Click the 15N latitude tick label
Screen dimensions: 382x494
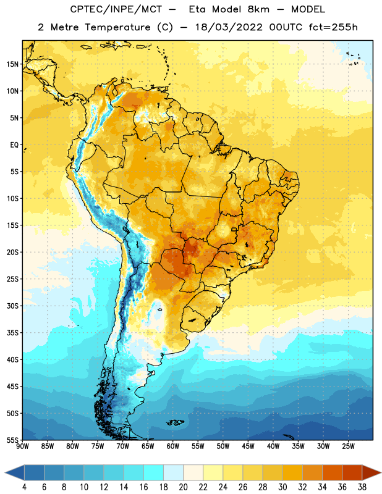click(x=12, y=64)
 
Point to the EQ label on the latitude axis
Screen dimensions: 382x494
click(x=14, y=145)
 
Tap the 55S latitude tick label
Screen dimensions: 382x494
click(x=12, y=440)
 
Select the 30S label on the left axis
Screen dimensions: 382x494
click(x=12, y=306)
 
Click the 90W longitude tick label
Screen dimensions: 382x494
click(x=22, y=446)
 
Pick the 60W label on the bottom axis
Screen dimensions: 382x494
click(x=173, y=446)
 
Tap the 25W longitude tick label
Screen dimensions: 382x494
click(x=348, y=446)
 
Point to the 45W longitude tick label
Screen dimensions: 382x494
click(x=248, y=446)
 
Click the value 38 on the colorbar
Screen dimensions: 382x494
click(x=362, y=487)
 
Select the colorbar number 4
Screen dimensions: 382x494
click(x=24, y=487)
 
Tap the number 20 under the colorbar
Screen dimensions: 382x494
click(x=183, y=487)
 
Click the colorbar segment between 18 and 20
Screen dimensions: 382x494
click(x=174, y=472)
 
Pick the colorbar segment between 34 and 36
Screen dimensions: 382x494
click(x=332, y=472)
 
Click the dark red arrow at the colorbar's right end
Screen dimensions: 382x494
click(x=371, y=472)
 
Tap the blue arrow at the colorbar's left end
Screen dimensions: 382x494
click(x=15, y=472)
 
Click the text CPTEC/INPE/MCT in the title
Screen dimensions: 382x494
click(x=116, y=9)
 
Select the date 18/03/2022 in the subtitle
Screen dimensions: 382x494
click(x=229, y=27)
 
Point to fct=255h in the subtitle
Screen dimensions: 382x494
click(x=333, y=27)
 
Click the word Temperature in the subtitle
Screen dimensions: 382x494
click(x=117, y=27)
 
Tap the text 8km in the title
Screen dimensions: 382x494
click(x=258, y=9)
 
